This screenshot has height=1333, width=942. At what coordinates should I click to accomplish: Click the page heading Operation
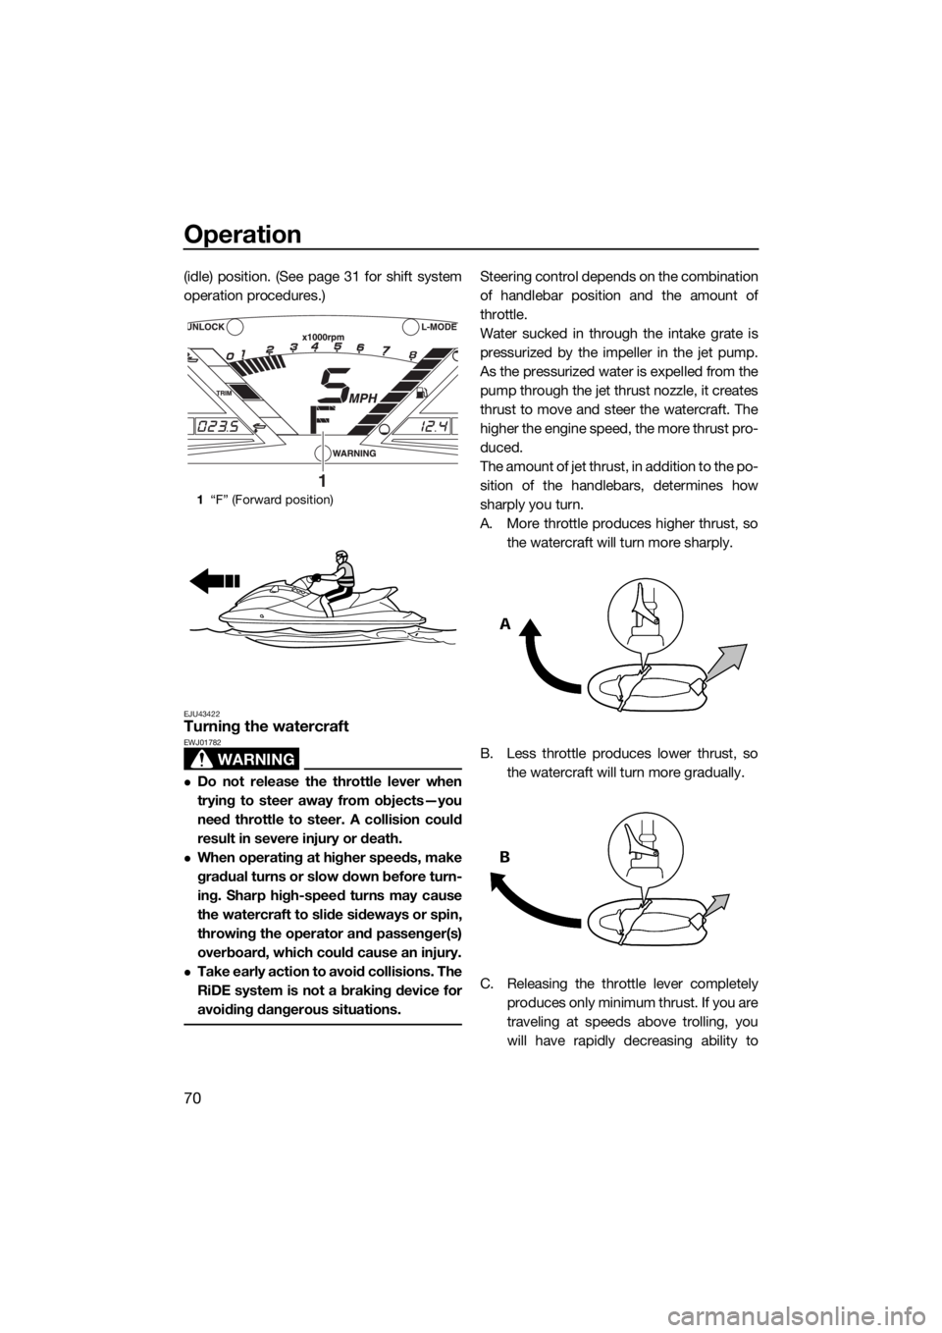242,235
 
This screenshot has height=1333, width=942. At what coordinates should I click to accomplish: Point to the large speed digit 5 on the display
335,386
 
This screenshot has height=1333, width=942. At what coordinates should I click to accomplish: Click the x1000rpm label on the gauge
324,337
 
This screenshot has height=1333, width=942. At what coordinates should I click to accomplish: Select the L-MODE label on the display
438,327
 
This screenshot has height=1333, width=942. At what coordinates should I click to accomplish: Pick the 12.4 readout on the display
427,427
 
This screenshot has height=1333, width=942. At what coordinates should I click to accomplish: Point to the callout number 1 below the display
321,479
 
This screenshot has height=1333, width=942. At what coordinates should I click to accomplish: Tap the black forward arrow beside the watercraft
215,578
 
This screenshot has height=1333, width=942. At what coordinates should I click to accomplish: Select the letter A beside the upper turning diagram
505,623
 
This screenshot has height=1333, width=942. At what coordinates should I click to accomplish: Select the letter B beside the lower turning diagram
505,857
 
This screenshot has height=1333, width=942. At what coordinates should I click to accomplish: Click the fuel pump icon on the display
422,393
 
